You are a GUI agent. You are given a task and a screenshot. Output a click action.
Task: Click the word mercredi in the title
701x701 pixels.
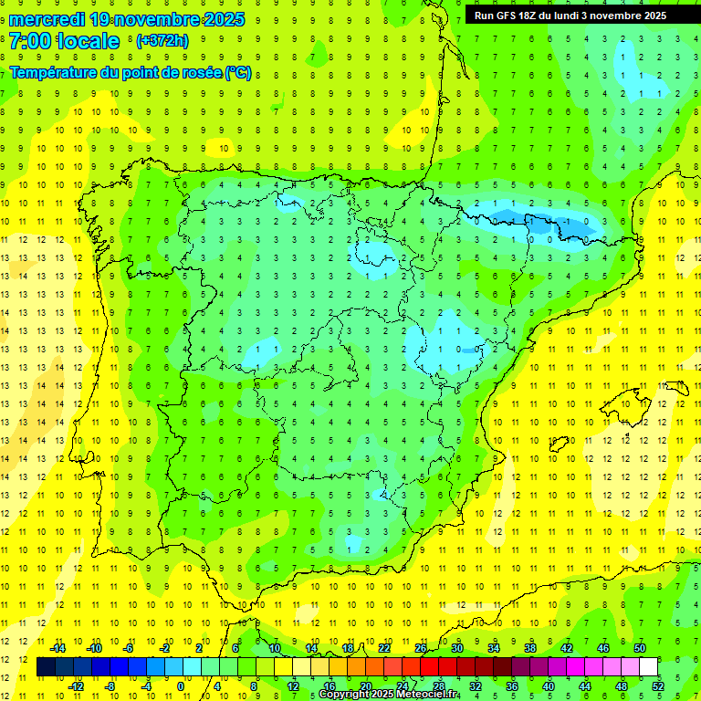48,19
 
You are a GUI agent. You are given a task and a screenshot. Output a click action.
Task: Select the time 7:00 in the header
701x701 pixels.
31,41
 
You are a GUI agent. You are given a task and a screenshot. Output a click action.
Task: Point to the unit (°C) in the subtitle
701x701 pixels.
237,72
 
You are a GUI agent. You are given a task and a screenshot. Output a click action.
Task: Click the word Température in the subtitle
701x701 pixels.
53,72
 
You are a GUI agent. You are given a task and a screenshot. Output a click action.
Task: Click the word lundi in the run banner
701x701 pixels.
580,16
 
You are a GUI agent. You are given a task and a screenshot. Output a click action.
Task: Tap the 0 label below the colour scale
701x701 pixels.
181,686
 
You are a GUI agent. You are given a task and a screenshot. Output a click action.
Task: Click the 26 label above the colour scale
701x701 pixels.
421,648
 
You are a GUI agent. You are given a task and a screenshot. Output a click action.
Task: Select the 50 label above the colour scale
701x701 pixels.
640,648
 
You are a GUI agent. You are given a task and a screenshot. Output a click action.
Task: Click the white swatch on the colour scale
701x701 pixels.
649,667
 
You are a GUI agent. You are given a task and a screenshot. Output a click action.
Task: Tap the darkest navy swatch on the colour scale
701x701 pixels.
46,667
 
